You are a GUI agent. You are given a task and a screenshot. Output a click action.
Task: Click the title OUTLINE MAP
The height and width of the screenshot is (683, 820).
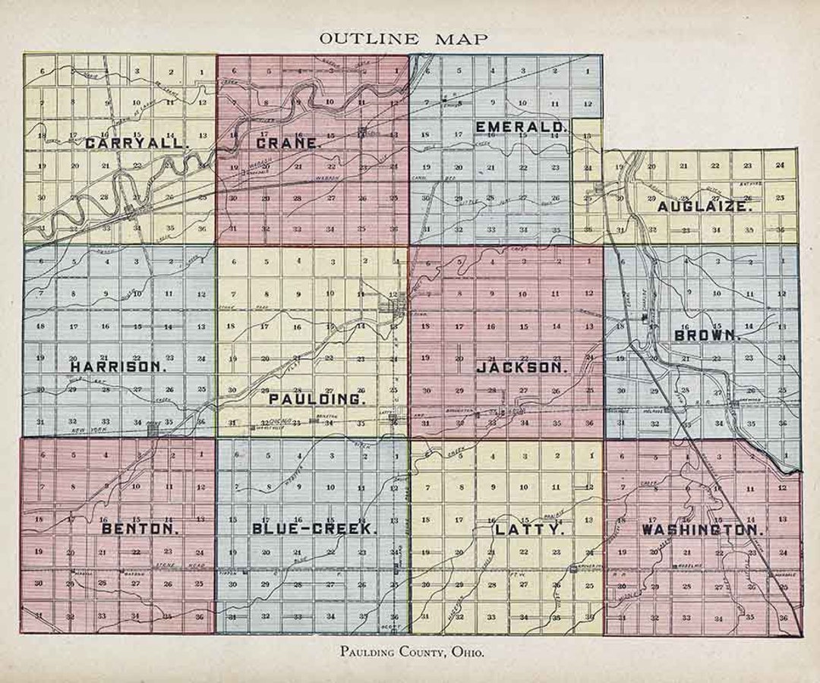click(x=404, y=38)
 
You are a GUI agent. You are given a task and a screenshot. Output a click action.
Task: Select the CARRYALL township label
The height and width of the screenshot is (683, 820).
click(x=137, y=143)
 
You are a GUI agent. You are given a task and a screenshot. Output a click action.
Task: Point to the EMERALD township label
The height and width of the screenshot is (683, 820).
click(x=521, y=126)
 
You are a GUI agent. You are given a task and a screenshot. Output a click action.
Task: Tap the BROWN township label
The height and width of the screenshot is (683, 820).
click(x=707, y=335)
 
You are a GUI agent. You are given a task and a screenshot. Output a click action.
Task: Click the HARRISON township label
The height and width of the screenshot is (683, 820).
click(x=118, y=366)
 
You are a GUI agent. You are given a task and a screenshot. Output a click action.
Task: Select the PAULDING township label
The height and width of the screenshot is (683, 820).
click(x=317, y=398)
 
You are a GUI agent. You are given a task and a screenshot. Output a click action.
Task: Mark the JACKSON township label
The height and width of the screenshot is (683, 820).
click(x=522, y=367)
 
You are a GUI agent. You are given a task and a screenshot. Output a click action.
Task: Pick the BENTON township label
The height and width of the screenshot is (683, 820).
click(x=140, y=528)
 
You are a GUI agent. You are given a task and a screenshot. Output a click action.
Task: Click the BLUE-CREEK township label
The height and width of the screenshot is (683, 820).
click(x=312, y=528)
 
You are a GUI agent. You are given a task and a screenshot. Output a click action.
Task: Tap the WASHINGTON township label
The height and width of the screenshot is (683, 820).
click(x=701, y=529)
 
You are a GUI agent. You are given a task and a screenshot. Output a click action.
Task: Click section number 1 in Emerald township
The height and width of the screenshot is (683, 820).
click(x=587, y=71)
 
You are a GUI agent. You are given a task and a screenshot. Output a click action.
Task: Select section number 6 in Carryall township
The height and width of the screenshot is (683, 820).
click(x=43, y=71)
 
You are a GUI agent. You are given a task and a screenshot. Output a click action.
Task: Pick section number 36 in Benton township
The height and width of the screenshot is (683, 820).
click(x=200, y=616)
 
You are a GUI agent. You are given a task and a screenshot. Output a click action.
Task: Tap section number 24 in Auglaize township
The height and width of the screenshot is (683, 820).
click(x=780, y=165)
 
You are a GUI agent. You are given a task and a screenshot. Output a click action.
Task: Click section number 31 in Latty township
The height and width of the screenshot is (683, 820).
click(x=426, y=616)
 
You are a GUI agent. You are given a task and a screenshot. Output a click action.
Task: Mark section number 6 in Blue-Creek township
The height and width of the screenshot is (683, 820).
click(x=236, y=455)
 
